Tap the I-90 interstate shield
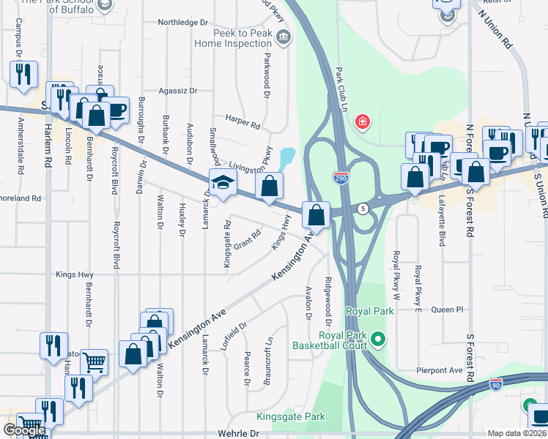(x=496, y=383)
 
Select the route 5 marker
(x=362, y=209)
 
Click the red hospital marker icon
(x=362, y=121)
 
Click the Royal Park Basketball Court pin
(x=378, y=339)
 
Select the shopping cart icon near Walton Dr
(x=95, y=361)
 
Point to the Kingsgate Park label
(x=290, y=416)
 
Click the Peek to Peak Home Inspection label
(x=233, y=38)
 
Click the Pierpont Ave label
(x=441, y=371)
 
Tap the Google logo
(x=24, y=430)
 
